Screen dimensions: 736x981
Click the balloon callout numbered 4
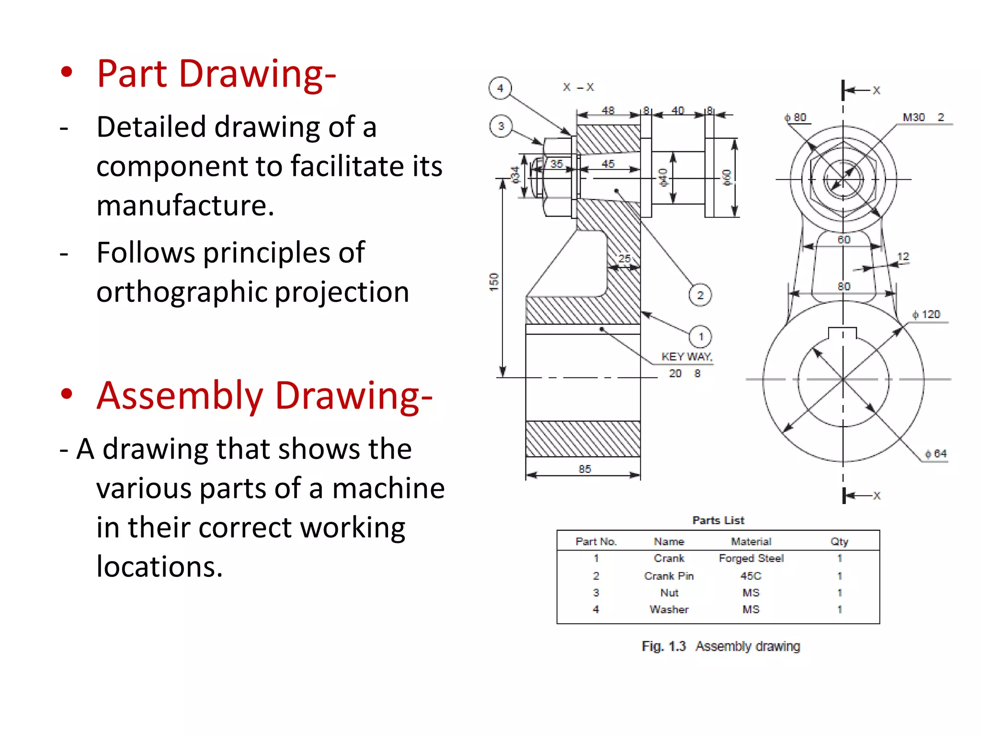tap(500, 88)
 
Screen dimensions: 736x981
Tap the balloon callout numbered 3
tap(501, 126)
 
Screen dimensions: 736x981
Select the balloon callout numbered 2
tap(700, 295)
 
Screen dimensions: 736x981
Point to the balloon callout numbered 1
tap(700, 336)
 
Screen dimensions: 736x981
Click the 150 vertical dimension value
tap(494, 282)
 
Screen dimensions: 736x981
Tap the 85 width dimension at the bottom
tap(584, 469)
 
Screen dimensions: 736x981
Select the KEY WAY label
tap(686, 356)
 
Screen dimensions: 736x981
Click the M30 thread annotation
tap(913, 117)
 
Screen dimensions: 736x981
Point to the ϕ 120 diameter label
tap(926, 314)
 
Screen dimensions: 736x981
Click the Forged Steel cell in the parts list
tap(751, 558)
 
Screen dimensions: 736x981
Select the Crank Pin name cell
tap(669, 576)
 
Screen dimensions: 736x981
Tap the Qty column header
tap(839, 541)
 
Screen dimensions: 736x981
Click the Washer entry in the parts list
tap(669, 609)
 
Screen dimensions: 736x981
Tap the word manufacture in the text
tap(185, 206)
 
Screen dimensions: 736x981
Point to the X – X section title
tap(578, 87)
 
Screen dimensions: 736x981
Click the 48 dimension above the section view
tap(608, 111)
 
